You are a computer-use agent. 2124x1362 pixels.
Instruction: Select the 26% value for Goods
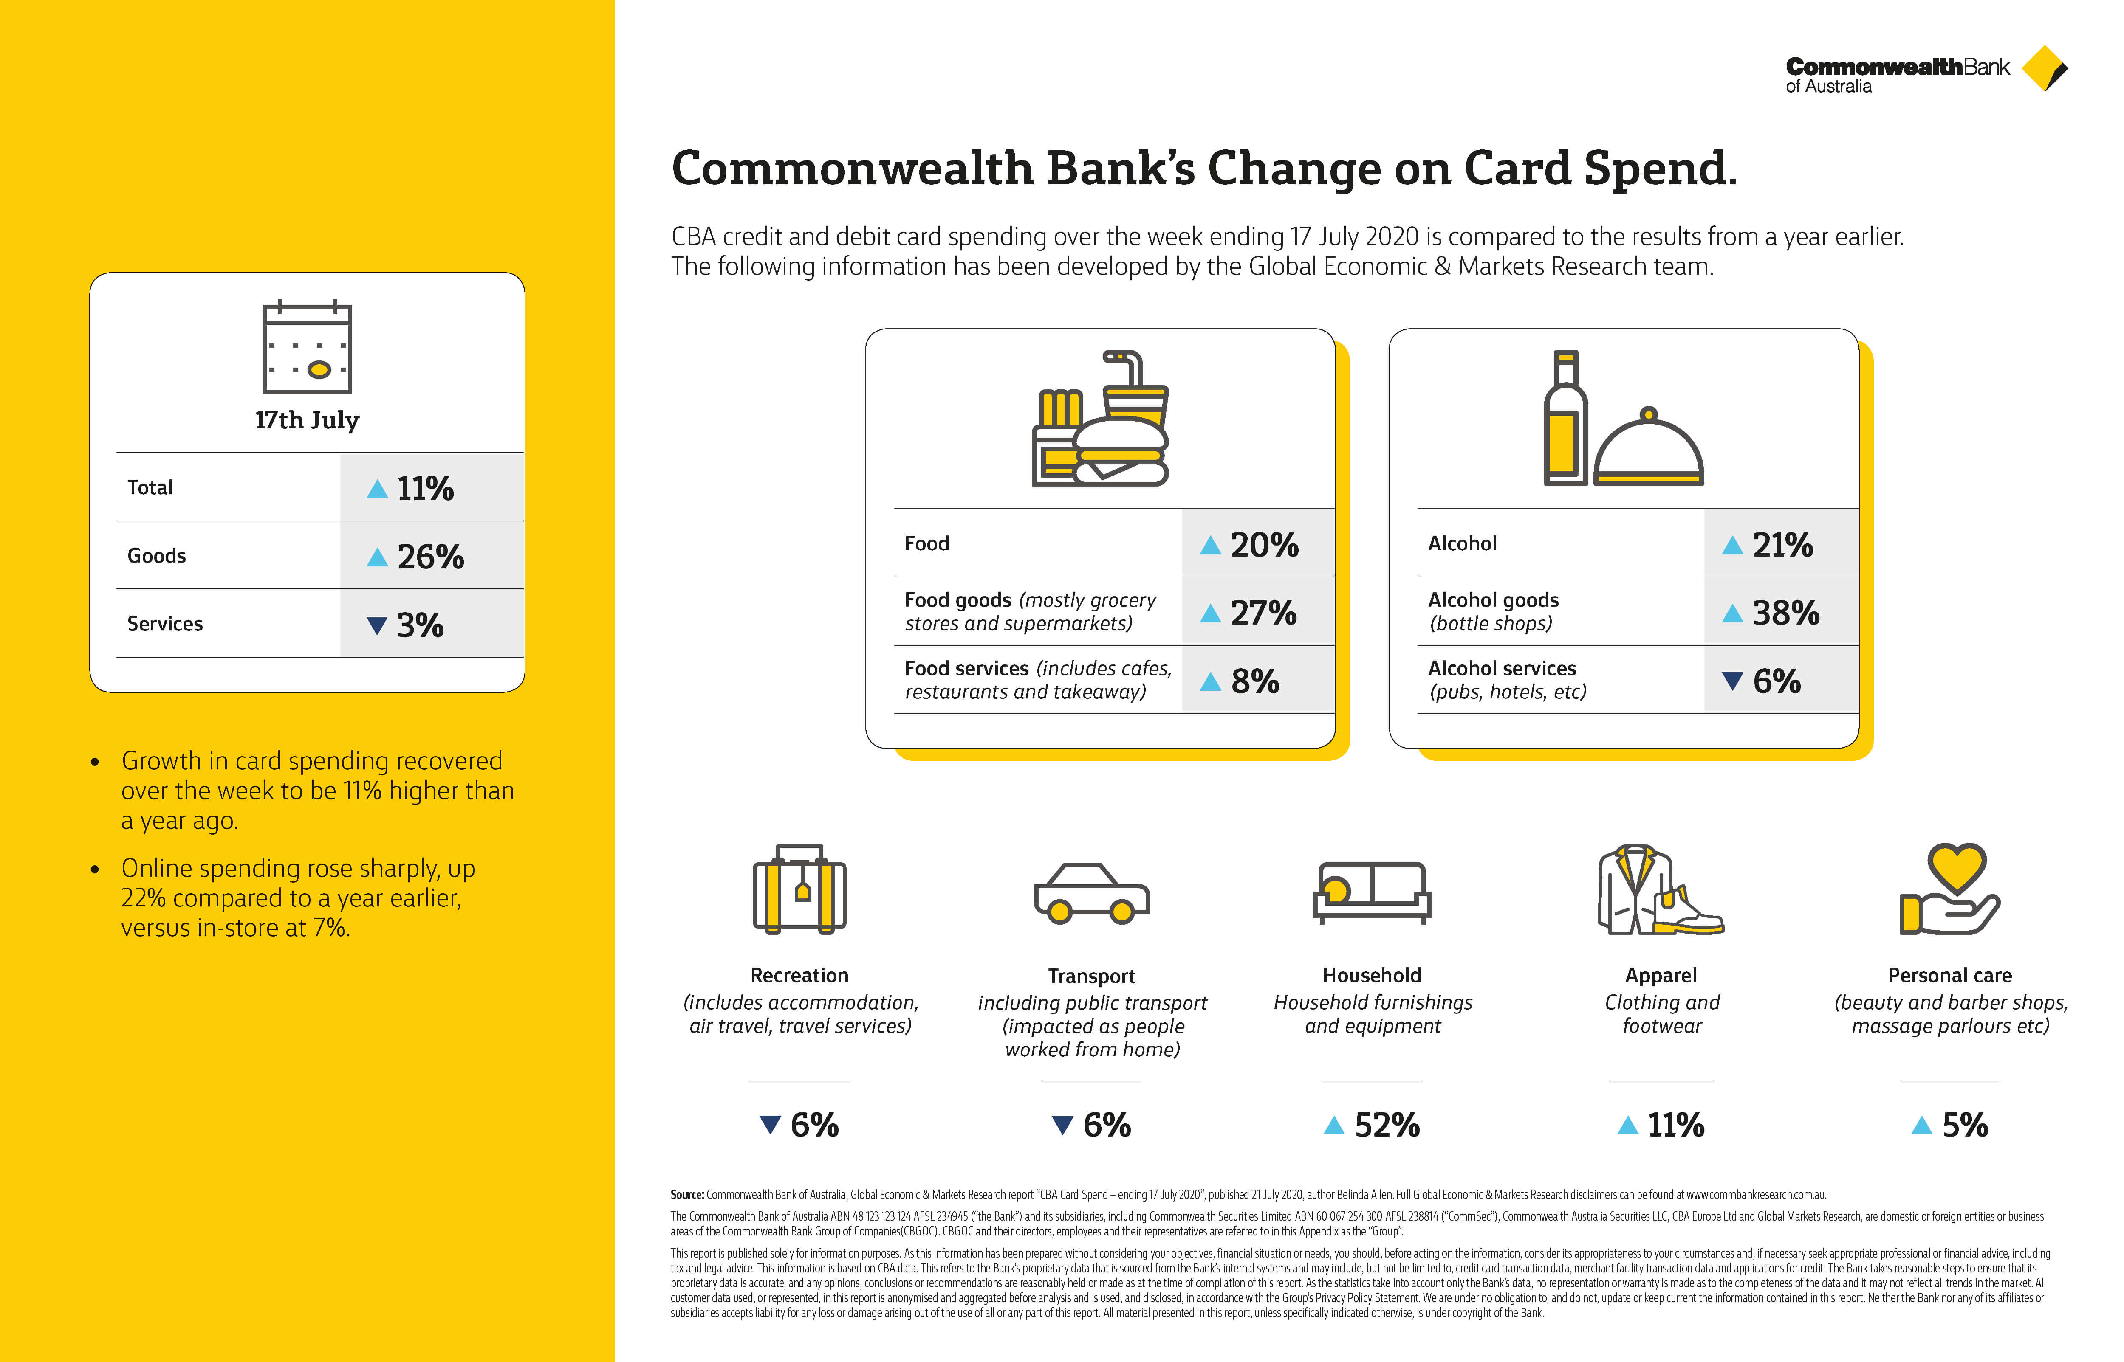[x=430, y=556]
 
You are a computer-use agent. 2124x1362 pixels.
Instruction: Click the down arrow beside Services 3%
[x=377, y=625]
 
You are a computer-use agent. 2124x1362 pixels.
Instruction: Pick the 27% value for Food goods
[x=1263, y=613]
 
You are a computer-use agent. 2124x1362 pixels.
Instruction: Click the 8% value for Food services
[x=1254, y=681]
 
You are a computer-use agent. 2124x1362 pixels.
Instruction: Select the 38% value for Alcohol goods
[x=1785, y=613]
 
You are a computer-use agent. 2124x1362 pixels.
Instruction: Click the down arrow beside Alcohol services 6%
[x=1732, y=681]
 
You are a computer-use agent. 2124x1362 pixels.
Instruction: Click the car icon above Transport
[x=1092, y=893]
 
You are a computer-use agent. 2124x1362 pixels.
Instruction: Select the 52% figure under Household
[x=1386, y=1125]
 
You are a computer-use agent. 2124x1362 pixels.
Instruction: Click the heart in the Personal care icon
[x=1957, y=867]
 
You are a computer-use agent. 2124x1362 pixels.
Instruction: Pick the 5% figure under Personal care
[x=1965, y=1125]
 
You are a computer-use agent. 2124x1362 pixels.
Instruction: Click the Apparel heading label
[x=1661, y=976]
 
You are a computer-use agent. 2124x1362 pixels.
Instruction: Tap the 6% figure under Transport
[x=1107, y=1125]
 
